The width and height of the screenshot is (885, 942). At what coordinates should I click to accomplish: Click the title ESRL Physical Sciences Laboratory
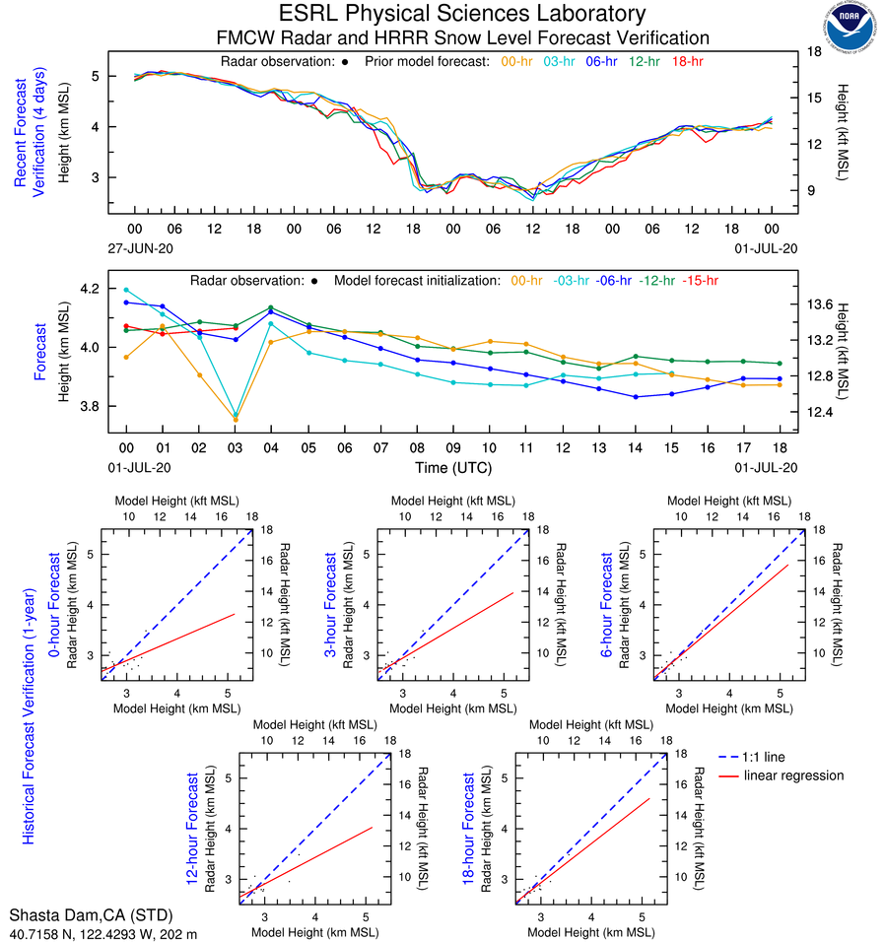[462, 14]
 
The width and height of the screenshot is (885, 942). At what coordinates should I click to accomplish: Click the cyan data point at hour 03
[235, 415]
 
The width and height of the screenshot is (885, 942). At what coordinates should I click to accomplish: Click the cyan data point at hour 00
[126, 290]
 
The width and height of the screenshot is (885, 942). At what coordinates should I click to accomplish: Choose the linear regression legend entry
[793, 775]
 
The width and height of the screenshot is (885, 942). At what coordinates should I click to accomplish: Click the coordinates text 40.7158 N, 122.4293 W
[89, 932]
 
